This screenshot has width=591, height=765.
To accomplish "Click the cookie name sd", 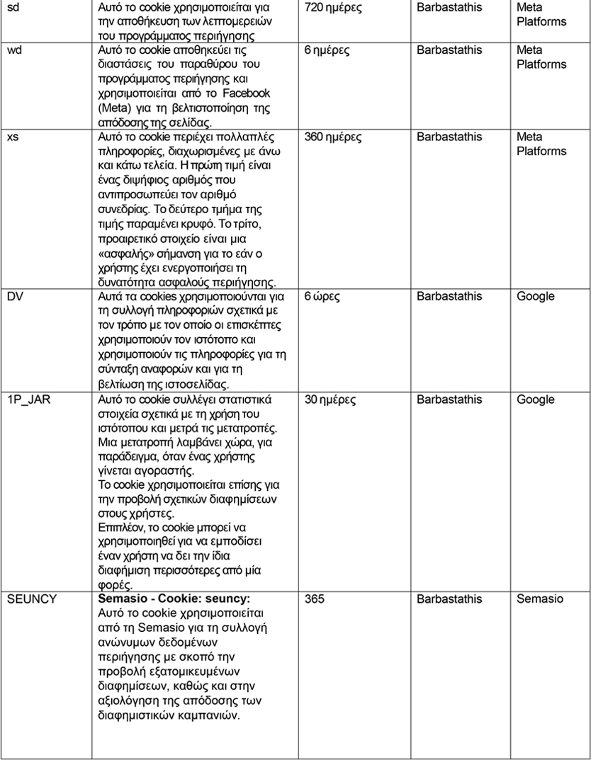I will pyautogui.click(x=13, y=8).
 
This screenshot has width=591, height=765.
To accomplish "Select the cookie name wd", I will pyautogui.click(x=14, y=50).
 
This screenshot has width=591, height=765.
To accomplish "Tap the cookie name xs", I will pyautogui.click(x=13, y=137).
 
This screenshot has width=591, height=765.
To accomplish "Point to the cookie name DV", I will pyautogui.click(x=15, y=296).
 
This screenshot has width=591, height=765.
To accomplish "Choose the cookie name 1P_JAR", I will pyautogui.click(x=29, y=399).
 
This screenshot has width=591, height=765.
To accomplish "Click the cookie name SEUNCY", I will pyautogui.click(x=32, y=599).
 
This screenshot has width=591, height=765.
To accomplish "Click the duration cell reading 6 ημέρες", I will pyautogui.click(x=327, y=50).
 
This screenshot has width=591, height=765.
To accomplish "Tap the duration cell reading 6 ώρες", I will pyautogui.click(x=322, y=296).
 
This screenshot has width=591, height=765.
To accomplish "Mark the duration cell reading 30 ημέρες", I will pyautogui.click(x=330, y=399).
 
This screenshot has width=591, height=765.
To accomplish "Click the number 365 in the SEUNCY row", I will pyautogui.click(x=314, y=599).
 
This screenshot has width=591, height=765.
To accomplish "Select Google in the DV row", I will pyautogui.click(x=535, y=296).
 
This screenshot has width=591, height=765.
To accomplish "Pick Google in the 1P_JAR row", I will pyautogui.click(x=535, y=399).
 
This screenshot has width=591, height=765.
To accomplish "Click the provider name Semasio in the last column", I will pyautogui.click(x=540, y=599).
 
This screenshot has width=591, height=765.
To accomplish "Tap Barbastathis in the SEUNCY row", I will pyautogui.click(x=449, y=599).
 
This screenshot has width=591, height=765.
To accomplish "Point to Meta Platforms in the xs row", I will pyautogui.click(x=541, y=144).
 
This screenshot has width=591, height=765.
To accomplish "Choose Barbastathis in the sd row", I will pyautogui.click(x=449, y=8).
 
